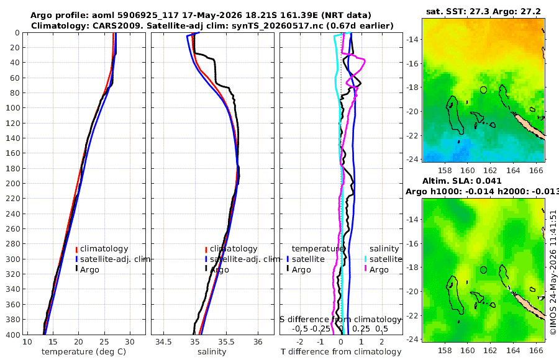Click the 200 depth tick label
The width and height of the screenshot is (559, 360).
point(12,183)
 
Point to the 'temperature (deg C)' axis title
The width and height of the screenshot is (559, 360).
point(84,352)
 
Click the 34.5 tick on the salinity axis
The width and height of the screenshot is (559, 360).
point(163,342)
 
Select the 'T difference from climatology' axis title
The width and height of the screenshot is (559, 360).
point(341,352)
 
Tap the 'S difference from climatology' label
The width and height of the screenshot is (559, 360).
point(341,319)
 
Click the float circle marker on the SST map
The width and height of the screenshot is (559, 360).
point(483,90)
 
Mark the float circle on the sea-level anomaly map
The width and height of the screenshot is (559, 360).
point(483,270)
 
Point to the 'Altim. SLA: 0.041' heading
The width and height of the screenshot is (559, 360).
point(461,181)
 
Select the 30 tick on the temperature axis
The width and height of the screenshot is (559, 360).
point(130,342)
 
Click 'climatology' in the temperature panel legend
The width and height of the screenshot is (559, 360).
point(104,249)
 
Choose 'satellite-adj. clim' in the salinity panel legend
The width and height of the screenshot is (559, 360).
point(245,259)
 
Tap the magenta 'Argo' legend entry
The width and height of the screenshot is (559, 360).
point(379,270)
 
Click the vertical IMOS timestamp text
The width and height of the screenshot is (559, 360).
point(553,272)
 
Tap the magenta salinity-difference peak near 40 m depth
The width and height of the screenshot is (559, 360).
point(365,61)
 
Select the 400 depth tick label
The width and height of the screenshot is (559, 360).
point(12,335)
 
